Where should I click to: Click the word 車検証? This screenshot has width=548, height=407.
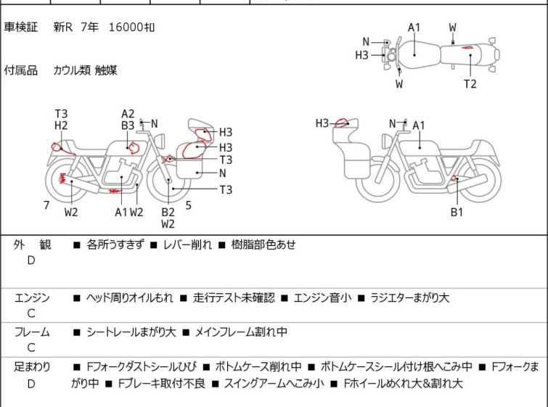(x=21, y=28)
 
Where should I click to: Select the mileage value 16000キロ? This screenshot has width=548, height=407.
(x=131, y=28)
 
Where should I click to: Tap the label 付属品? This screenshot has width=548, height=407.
(x=21, y=70)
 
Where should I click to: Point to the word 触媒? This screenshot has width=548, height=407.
(x=106, y=70)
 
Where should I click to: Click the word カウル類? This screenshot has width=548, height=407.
(x=71, y=70)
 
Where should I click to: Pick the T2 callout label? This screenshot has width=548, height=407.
(x=470, y=84)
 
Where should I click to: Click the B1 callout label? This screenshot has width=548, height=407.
(x=457, y=212)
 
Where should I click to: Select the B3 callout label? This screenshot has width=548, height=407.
(x=128, y=125)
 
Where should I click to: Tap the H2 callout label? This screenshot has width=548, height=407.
(x=61, y=125)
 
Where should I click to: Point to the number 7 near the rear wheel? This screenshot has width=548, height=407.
(x=46, y=205)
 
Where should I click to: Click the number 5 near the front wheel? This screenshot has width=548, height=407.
(x=188, y=205)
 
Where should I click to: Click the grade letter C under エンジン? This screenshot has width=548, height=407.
(x=31, y=313)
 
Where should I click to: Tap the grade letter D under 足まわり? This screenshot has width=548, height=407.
(x=31, y=384)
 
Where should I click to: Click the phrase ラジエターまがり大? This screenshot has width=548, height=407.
(x=410, y=297)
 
